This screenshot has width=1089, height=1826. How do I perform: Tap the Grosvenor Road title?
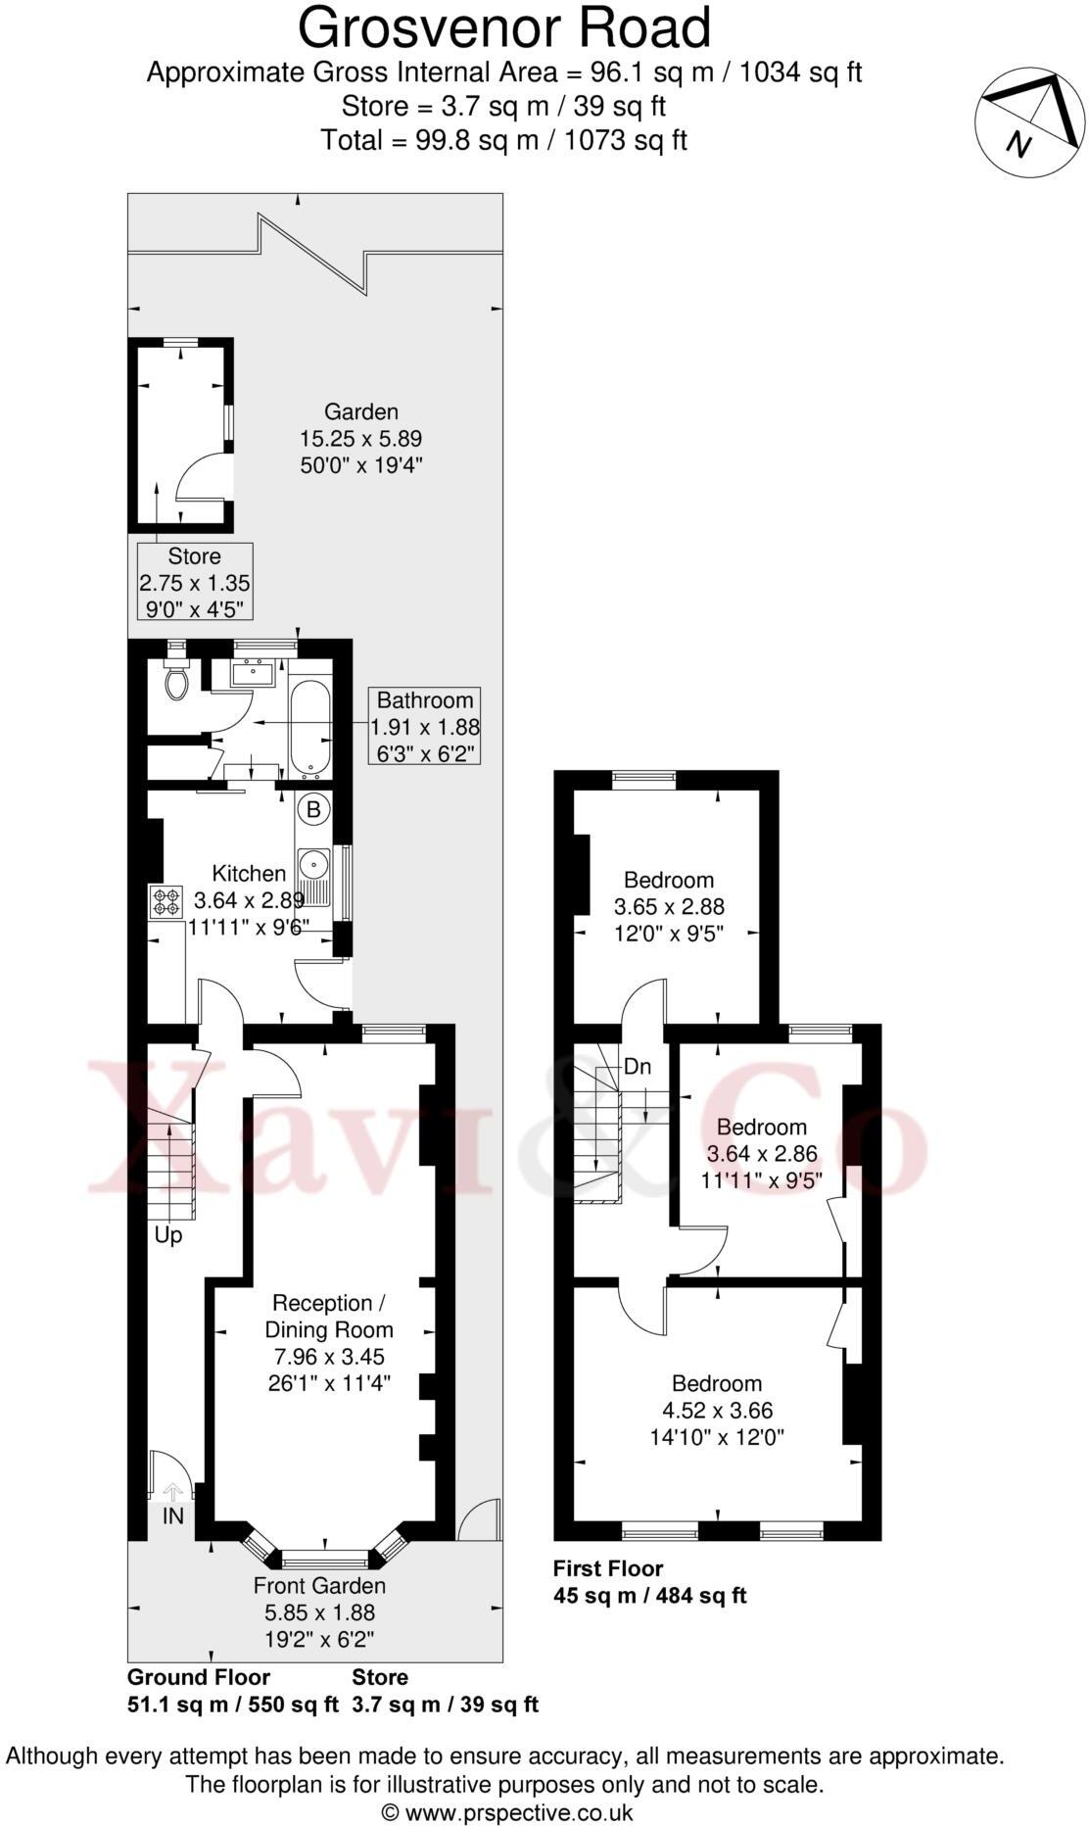click(x=504, y=28)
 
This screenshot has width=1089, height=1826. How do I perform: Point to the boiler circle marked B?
click(x=313, y=810)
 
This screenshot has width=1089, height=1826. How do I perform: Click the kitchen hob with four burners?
click(x=166, y=901)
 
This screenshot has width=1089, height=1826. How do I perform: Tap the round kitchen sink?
click(x=314, y=864)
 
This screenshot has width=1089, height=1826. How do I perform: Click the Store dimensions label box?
click(x=195, y=582)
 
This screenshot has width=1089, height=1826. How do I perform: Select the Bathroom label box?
click(x=425, y=727)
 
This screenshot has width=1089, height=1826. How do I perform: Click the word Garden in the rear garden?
click(x=361, y=412)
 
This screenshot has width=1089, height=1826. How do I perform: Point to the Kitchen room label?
click(x=250, y=873)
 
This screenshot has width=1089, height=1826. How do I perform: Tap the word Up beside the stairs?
click(x=168, y=1235)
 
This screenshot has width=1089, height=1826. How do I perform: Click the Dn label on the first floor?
click(x=638, y=1067)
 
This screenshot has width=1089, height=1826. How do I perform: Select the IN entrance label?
click(x=173, y=1515)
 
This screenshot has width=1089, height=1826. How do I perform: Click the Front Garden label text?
click(x=319, y=1585)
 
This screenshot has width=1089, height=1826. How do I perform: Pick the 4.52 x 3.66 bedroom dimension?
click(x=717, y=1411)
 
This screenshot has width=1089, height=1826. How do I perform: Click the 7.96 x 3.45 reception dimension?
click(x=328, y=1357)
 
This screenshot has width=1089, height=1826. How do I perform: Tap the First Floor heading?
click(x=608, y=1568)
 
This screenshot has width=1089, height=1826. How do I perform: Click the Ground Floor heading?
click(x=199, y=1676)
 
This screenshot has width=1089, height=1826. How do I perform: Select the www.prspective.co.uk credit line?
click(x=506, y=1812)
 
